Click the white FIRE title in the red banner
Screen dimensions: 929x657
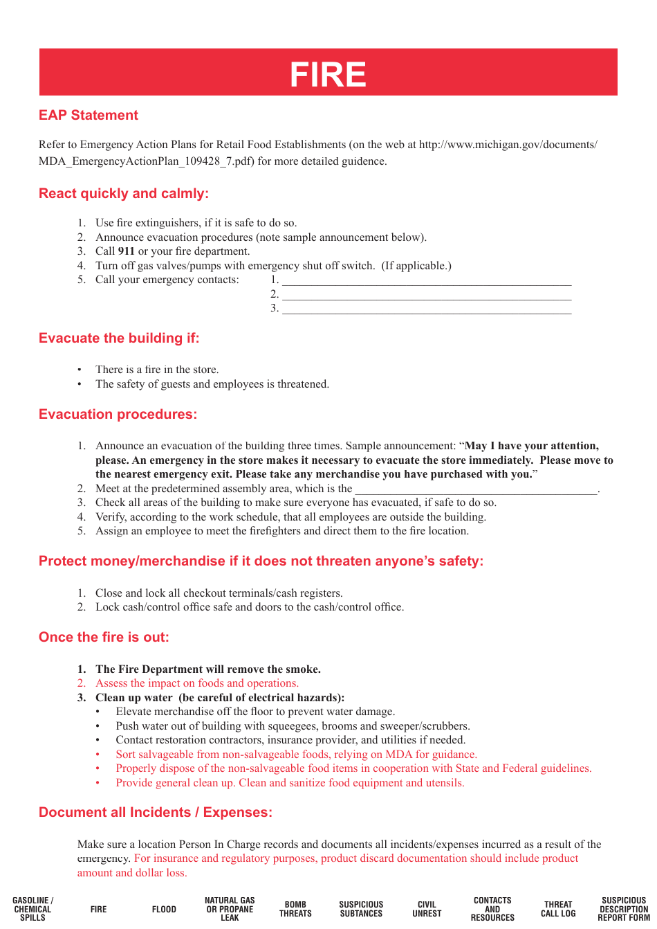click(328, 74)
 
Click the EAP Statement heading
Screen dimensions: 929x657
click(89, 116)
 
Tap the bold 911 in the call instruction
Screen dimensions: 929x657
click(126, 251)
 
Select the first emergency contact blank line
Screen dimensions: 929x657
click(427, 281)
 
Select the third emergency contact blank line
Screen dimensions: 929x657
click(427, 309)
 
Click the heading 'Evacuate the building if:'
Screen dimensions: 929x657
click(119, 339)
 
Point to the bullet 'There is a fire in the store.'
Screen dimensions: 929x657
click(157, 370)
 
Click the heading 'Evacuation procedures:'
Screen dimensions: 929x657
click(118, 415)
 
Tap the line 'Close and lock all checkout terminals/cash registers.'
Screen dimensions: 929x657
click(219, 593)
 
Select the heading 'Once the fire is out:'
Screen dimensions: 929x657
click(104, 638)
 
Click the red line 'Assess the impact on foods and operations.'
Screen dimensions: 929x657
click(196, 683)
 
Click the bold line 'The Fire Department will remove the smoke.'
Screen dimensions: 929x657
click(207, 669)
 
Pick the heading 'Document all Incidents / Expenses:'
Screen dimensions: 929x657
click(156, 813)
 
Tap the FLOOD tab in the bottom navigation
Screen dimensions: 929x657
click(164, 910)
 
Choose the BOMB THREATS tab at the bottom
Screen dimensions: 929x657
click(295, 910)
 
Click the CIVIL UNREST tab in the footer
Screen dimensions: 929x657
click(427, 910)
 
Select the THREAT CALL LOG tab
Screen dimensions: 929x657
click(558, 910)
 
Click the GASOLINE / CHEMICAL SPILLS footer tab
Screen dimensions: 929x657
click(33, 910)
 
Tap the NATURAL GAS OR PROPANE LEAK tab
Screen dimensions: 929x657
click(230, 910)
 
